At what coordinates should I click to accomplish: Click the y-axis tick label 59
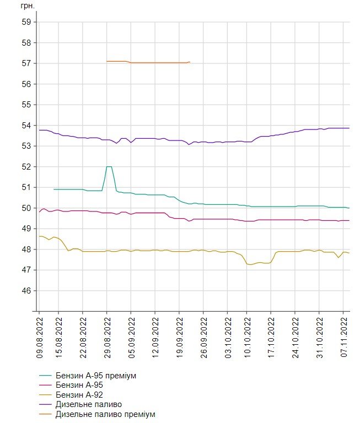coord(25,22)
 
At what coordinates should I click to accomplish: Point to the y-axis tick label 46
coord(25,291)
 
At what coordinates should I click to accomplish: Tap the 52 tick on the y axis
coord(25,167)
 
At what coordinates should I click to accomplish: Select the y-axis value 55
coord(25,105)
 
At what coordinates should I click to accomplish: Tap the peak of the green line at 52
coord(109,166)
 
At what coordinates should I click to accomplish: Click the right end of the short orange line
coord(190,62)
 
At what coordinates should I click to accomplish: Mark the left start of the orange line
coord(106,61)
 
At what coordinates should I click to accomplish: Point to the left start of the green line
coord(54,189)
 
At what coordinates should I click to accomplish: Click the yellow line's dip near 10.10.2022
coord(251,265)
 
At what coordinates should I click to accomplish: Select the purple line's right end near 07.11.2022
coord(350,128)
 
